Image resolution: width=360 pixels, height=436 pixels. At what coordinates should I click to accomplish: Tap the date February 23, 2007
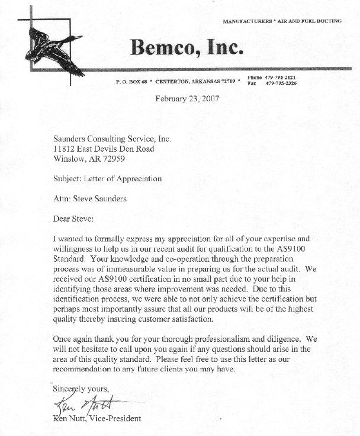point(187,99)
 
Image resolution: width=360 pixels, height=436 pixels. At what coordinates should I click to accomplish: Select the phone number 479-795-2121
point(281,78)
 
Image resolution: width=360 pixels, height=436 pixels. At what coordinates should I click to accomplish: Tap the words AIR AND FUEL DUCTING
point(310,21)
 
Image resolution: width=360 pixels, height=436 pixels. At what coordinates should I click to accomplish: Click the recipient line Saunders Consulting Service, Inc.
point(112,139)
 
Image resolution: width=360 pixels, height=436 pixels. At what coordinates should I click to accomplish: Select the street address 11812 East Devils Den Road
point(104,149)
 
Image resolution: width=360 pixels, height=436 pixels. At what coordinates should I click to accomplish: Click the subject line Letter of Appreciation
point(126,178)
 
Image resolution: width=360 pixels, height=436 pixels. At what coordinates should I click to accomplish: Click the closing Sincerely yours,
point(81,389)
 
